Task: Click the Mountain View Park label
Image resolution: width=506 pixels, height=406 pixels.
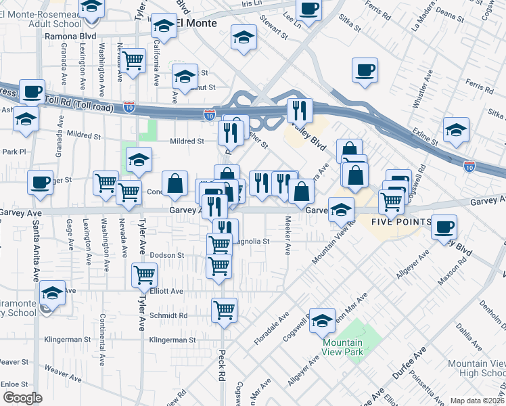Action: pos(347,347)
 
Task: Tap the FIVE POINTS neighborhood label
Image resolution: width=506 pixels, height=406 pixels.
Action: pos(402,221)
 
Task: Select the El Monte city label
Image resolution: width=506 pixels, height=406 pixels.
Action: pos(197,23)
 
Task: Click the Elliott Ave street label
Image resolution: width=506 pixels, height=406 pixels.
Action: pos(166,291)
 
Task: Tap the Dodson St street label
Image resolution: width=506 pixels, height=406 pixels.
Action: pos(167,255)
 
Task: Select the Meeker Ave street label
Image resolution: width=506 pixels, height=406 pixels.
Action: pos(288,235)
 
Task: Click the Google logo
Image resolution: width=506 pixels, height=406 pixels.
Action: pos(22,398)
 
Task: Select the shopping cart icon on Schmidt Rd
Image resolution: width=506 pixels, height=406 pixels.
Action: pos(224,310)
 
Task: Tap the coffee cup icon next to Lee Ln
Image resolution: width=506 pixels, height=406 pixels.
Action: pos(308,9)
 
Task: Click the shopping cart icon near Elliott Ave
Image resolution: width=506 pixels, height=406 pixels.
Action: pos(145,274)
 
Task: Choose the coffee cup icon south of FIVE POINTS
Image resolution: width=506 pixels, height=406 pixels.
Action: pos(444,226)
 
